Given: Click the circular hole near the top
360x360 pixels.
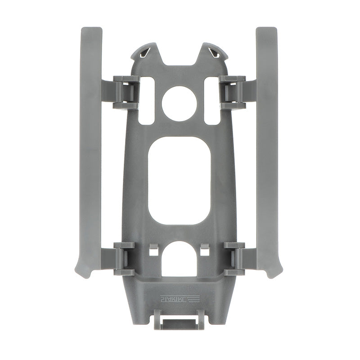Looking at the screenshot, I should pos(179,103).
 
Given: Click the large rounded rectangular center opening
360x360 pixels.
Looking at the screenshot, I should pos(179,180).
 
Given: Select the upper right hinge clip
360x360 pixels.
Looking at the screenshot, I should pos(233,93).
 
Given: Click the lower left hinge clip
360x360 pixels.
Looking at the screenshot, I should pos(124,258).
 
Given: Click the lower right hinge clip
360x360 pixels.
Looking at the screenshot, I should pos(234,258).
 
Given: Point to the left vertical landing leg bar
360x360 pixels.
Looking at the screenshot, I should pos(91,144).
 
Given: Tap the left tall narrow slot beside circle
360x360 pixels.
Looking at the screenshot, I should pos(146,100).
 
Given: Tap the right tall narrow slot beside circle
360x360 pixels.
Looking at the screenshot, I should pos(212,100).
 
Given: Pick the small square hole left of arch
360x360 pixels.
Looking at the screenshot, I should pos(153,250).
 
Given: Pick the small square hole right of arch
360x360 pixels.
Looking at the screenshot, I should pos(205,250).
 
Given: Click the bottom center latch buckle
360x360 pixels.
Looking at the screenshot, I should pos(179,321).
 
